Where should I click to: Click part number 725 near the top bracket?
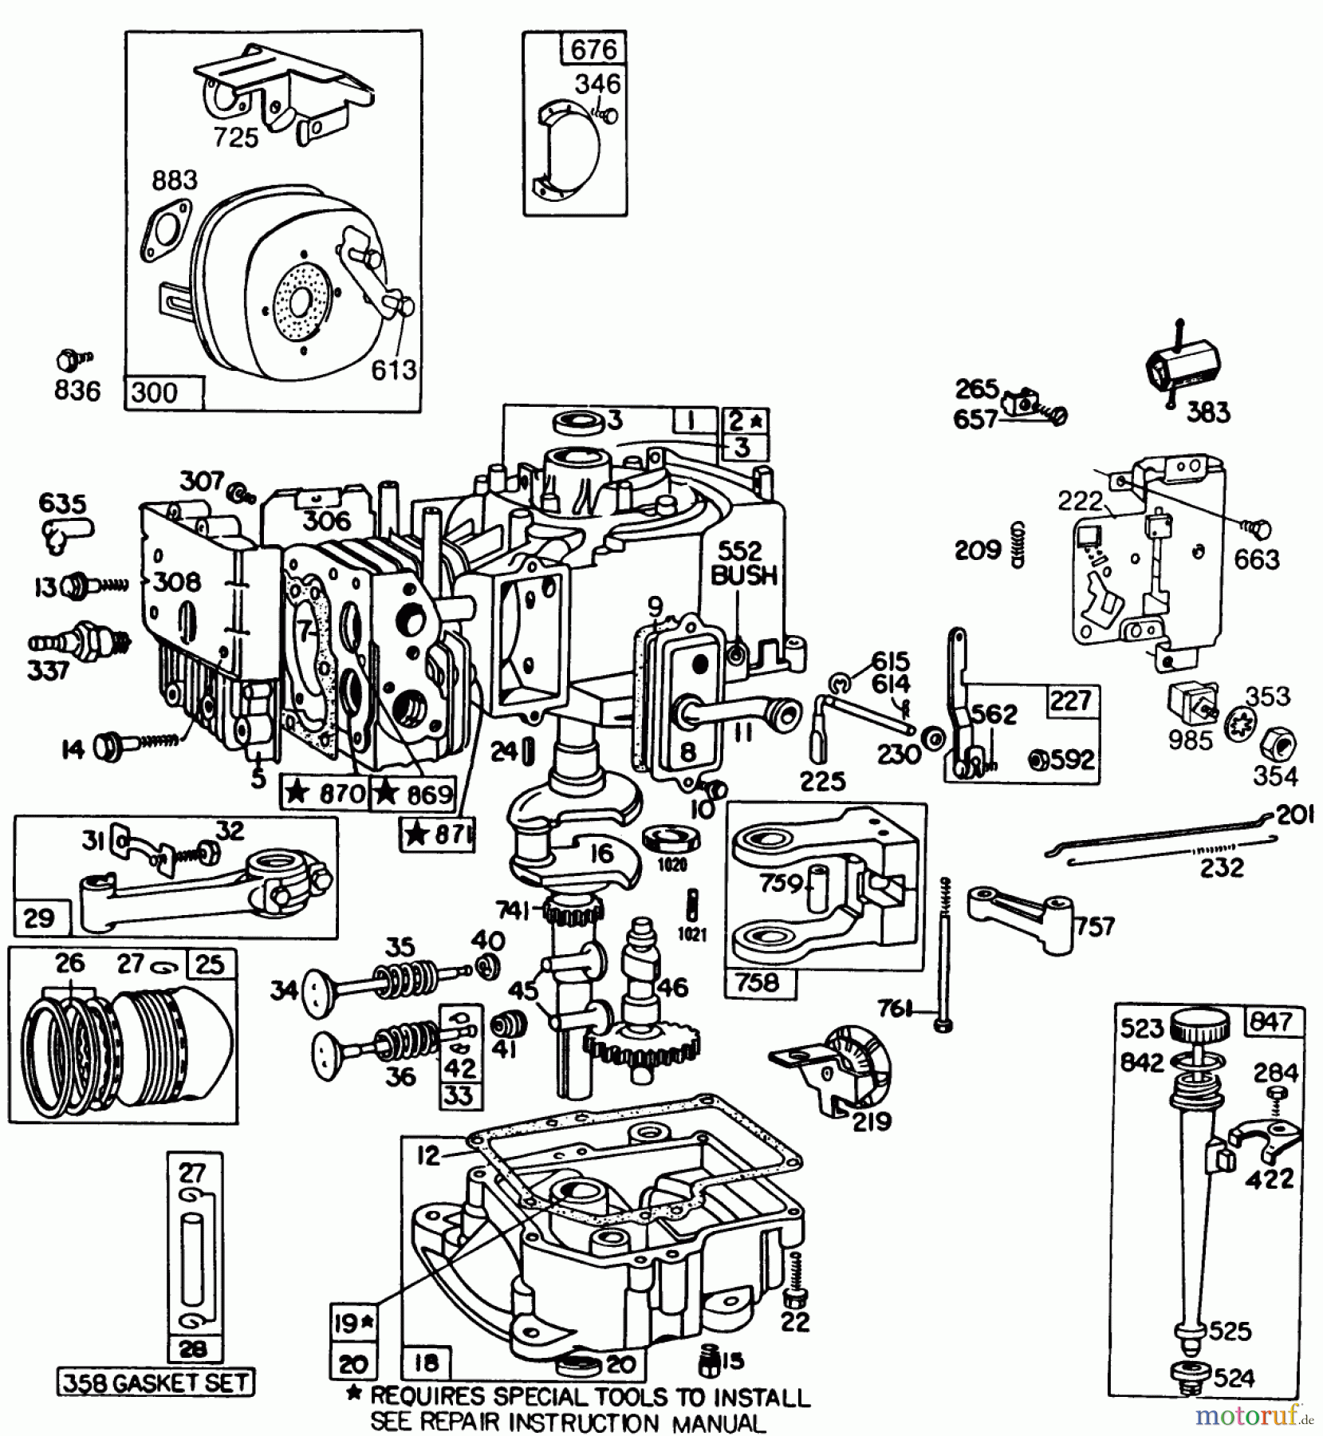[x=236, y=137]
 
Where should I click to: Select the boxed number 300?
[x=155, y=393]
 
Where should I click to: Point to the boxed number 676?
[x=594, y=49]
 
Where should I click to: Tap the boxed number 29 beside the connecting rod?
[x=39, y=917]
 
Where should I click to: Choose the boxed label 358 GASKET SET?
[x=156, y=1382]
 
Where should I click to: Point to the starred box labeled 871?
[x=437, y=834]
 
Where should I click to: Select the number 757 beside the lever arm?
[x=1094, y=927]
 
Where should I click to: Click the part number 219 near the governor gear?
[x=871, y=1122]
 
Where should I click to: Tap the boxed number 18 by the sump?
[x=426, y=1363]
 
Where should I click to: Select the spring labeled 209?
[x=1017, y=545]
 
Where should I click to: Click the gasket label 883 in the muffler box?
[x=175, y=179]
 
